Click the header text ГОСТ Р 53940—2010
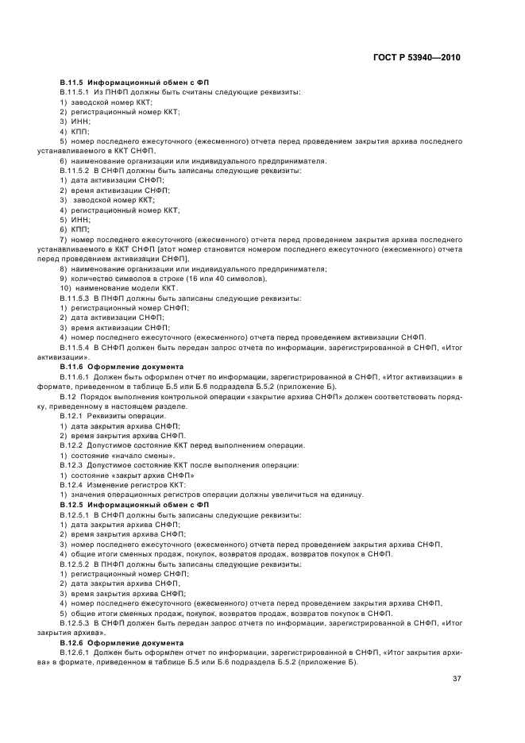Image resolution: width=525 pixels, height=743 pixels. coord(419,57)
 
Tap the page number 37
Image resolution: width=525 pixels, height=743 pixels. coord(456,679)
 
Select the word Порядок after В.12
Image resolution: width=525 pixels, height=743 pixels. coord(95,396)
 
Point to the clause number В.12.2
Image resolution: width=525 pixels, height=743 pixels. coord(73,445)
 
